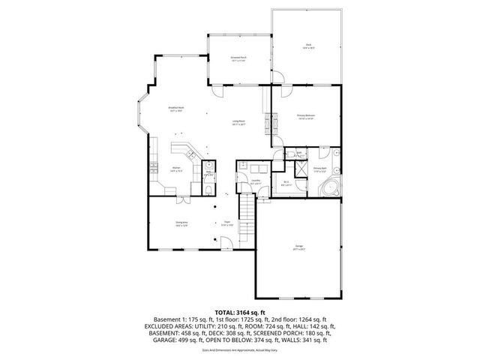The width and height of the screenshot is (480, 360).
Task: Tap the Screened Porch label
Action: pos(238,58)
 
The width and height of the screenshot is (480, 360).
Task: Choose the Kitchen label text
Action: pos(176,168)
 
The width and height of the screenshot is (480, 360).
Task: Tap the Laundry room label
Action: pos(255,181)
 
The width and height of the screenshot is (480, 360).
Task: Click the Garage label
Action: pos(298,247)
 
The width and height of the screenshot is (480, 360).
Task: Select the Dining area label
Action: pos(181,223)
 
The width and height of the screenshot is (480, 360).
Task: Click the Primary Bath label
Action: pos(319,169)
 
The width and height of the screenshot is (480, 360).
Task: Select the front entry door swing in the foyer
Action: pos(224,241)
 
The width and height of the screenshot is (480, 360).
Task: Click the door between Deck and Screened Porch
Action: pos(277,74)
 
